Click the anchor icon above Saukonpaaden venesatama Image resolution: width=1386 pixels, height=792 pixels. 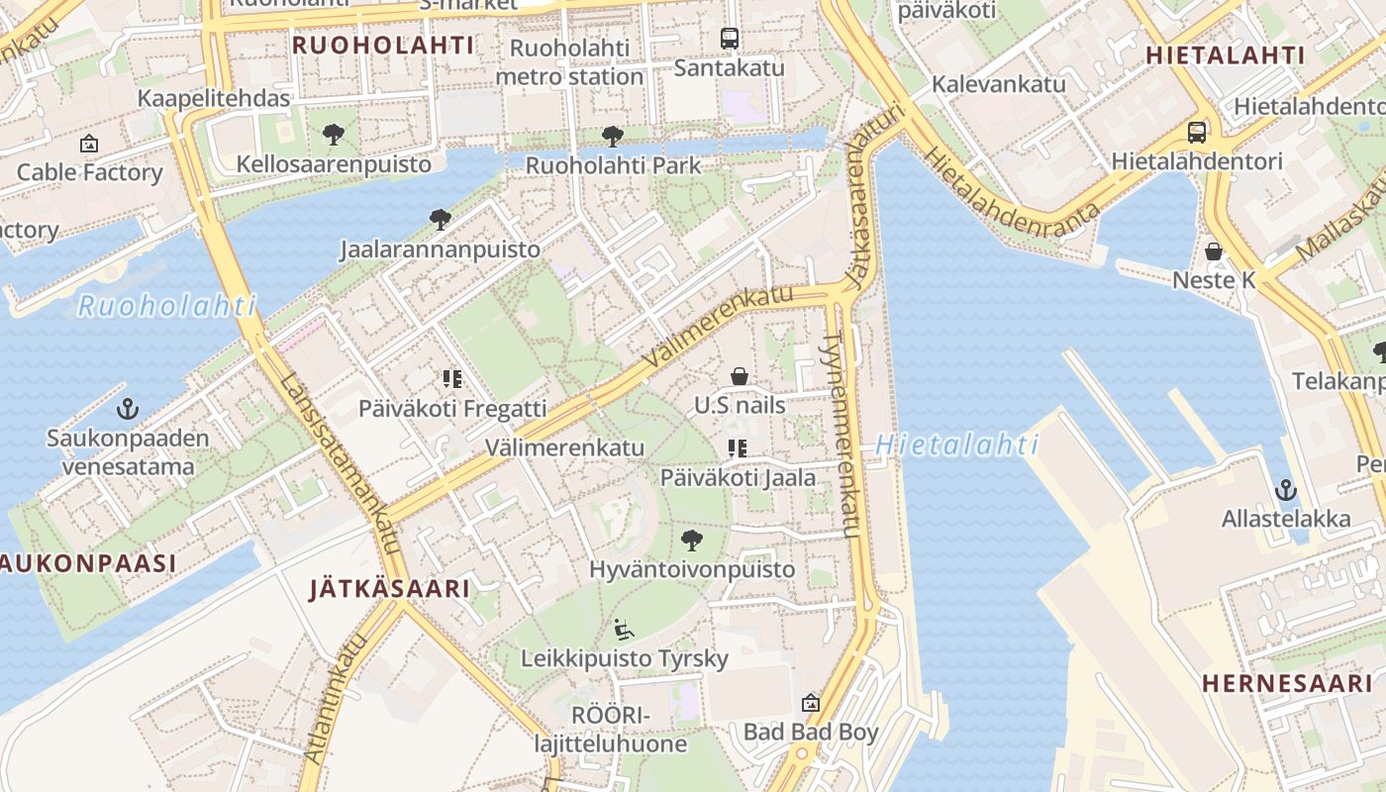[x=127, y=408]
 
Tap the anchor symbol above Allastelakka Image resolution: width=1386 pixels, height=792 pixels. [x=1285, y=489]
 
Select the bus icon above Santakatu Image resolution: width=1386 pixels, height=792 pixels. [x=730, y=39]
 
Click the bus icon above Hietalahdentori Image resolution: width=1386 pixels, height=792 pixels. [x=1197, y=132]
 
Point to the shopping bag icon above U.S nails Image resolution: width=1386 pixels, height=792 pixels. [x=740, y=376]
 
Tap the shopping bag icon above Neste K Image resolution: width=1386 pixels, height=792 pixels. [x=1214, y=251]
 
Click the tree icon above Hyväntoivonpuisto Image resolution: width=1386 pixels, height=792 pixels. [x=692, y=541]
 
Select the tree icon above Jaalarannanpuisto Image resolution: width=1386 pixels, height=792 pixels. [x=441, y=220]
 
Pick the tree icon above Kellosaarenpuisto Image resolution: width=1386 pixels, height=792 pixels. [x=334, y=134]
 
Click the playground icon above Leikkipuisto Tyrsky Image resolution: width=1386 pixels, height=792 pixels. [x=623, y=629]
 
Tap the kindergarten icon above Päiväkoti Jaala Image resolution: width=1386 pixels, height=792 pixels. [x=737, y=448]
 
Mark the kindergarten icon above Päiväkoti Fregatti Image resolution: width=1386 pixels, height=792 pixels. [x=452, y=378]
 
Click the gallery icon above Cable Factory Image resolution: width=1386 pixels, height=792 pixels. [x=89, y=144]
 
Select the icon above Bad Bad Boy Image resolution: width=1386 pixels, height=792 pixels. [x=811, y=703]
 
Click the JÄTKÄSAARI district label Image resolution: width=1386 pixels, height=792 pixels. [x=389, y=589]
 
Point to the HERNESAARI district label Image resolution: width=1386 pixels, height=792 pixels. [x=1287, y=683]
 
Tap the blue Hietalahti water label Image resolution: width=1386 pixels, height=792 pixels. [x=957, y=445]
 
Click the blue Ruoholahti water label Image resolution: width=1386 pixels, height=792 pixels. [x=166, y=306]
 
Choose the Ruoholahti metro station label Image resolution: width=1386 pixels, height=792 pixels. [x=569, y=62]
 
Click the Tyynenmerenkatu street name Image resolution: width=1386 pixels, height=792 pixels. [x=841, y=436]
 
